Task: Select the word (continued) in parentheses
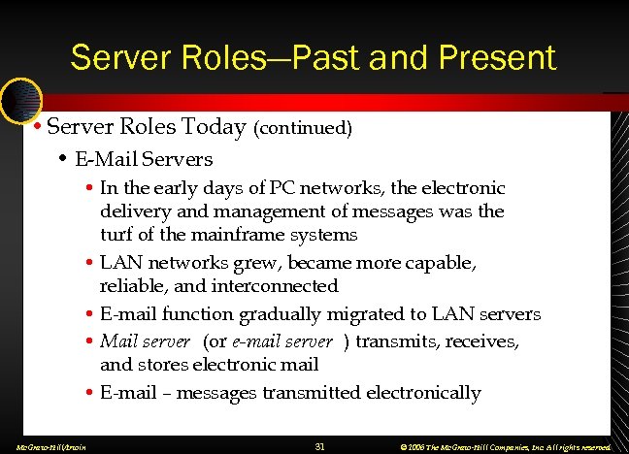[x=303, y=128]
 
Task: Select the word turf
[x=116, y=235]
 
